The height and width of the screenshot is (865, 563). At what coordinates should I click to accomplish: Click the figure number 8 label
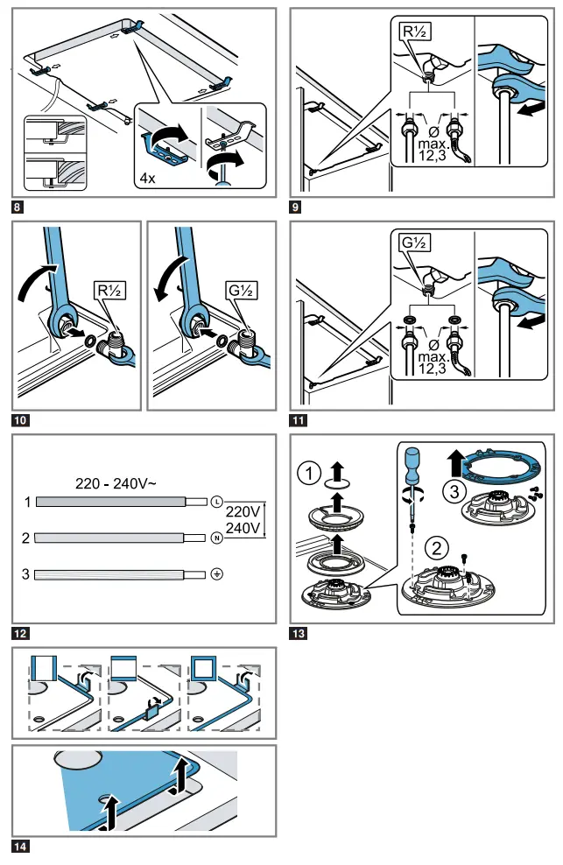(x=18, y=207)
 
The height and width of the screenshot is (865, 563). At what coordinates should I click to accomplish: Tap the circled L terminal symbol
(x=216, y=502)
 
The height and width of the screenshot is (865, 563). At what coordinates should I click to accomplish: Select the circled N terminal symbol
(x=216, y=538)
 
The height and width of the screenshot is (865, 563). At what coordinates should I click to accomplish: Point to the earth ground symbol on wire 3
(x=216, y=574)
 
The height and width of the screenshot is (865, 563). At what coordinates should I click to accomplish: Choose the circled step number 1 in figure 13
(x=307, y=474)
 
